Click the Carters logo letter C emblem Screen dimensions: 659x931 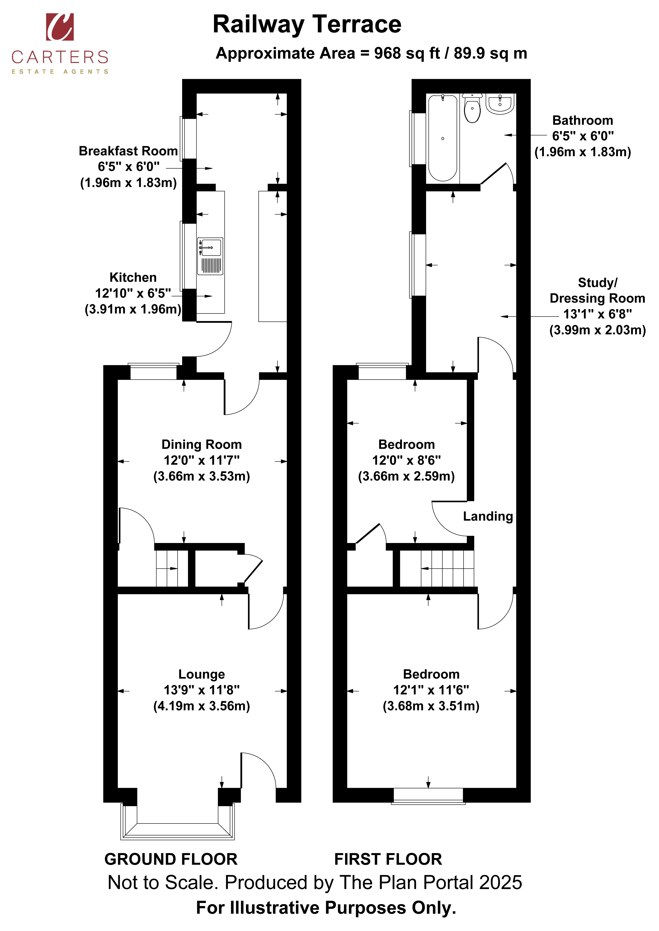coord(60,27)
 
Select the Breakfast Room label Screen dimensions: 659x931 coord(128,151)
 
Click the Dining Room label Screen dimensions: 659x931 coord(202,444)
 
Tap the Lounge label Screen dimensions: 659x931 coord(202,674)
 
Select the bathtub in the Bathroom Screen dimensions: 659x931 coord(443,138)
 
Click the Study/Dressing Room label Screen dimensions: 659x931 coord(597,290)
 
